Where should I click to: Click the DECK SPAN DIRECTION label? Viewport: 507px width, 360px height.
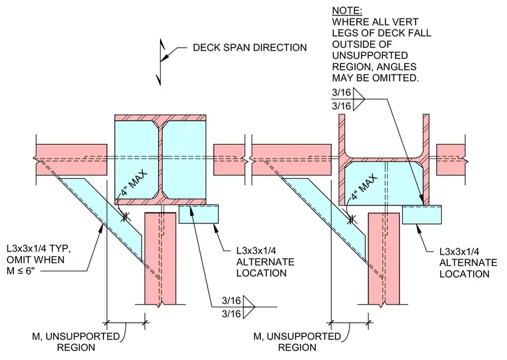tap(249, 47)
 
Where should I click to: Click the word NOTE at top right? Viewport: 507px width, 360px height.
tap(347, 11)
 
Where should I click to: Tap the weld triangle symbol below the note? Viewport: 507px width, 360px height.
tap(359, 99)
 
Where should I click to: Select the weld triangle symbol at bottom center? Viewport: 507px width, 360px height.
tap(249, 307)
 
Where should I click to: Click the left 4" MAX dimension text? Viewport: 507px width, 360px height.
tap(134, 183)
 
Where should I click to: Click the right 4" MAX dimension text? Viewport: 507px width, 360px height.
tap(364, 187)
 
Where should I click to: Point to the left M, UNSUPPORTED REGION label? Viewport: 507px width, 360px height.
tap(76, 342)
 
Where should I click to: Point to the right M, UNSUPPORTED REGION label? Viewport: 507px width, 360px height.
tap(297, 342)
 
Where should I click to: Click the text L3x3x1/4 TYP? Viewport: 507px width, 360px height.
tap(39, 249)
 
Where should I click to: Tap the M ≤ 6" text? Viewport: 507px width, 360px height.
tap(21, 271)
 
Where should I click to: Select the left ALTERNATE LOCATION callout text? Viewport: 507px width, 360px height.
tap(265, 267)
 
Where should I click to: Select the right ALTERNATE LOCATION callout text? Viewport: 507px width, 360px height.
tap(468, 268)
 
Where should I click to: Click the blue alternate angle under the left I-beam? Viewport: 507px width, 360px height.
tap(199, 214)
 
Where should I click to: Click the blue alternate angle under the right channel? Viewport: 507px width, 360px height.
tap(422, 214)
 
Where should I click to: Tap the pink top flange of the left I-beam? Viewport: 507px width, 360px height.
tap(160, 117)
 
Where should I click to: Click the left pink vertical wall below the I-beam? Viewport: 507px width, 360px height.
tap(160, 259)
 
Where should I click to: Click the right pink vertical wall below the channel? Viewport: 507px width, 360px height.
tap(384, 259)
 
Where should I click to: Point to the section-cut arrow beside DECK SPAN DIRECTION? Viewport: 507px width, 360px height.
tap(160, 62)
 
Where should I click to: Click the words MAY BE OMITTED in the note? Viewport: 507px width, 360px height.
tap(376, 78)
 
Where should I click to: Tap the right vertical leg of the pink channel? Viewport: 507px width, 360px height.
tap(426, 159)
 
